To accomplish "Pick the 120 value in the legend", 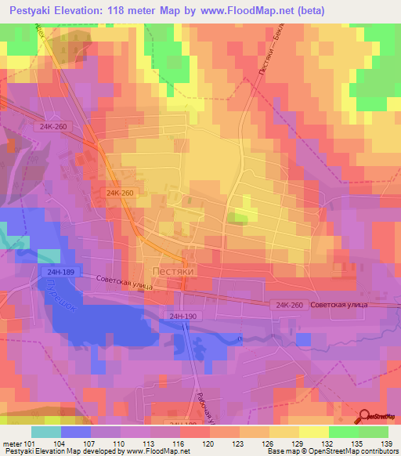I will (x=208, y=443).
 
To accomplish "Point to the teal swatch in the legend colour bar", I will (x=46, y=432).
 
